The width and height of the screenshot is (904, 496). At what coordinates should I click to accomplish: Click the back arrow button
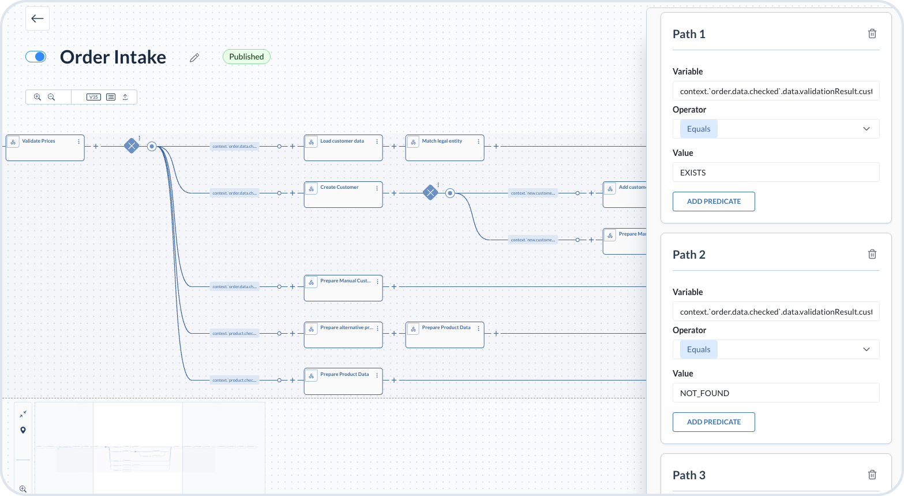[37, 18]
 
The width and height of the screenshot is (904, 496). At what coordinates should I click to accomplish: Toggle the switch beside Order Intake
[36, 57]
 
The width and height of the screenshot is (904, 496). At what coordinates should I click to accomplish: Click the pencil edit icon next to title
[194, 57]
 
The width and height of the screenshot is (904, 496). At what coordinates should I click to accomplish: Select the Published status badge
[246, 57]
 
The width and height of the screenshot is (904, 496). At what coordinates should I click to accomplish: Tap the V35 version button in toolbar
[93, 97]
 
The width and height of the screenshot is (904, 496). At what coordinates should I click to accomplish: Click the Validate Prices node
[45, 148]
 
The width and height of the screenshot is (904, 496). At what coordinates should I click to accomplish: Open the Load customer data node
[343, 148]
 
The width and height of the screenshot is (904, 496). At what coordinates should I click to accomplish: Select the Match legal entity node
[445, 148]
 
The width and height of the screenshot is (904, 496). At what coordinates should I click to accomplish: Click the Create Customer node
[343, 195]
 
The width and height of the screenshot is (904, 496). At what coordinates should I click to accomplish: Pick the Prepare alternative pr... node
[343, 335]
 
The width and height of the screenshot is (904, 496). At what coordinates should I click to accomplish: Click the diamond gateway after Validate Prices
[132, 146]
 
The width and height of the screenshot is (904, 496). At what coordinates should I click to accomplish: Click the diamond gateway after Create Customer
[430, 193]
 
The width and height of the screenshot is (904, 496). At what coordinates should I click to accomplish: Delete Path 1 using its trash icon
[872, 33]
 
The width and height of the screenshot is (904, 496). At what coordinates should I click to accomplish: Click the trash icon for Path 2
[872, 254]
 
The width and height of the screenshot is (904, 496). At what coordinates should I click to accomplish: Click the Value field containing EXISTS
[775, 172]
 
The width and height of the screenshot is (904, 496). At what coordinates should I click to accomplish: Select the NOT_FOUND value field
[775, 393]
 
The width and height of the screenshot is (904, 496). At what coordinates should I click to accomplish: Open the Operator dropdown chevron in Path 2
[866, 349]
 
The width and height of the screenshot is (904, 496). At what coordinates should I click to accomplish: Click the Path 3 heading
[689, 475]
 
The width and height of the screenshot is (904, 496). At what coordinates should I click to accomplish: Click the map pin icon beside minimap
[23, 430]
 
